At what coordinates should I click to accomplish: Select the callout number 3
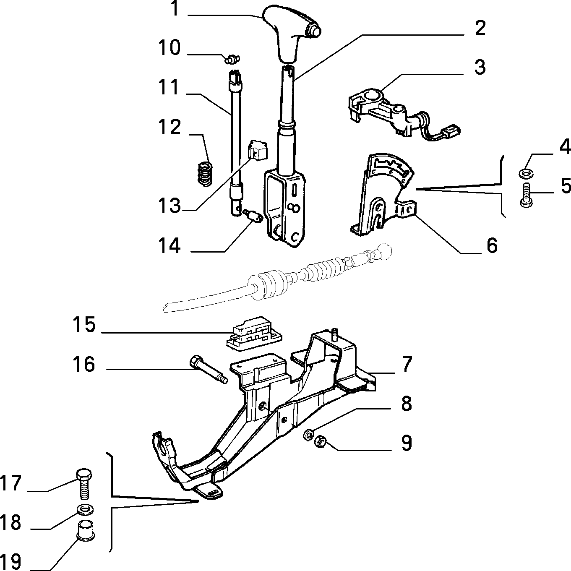click(480, 67)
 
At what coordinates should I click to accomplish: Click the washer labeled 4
click(526, 173)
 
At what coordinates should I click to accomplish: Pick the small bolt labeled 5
click(526, 194)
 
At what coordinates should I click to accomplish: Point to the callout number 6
click(492, 246)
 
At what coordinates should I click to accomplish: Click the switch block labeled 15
click(254, 334)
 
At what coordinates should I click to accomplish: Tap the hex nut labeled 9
click(321, 442)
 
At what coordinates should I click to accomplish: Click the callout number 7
click(407, 365)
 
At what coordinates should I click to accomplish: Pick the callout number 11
click(169, 87)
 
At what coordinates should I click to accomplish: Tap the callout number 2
click(480, 29)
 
